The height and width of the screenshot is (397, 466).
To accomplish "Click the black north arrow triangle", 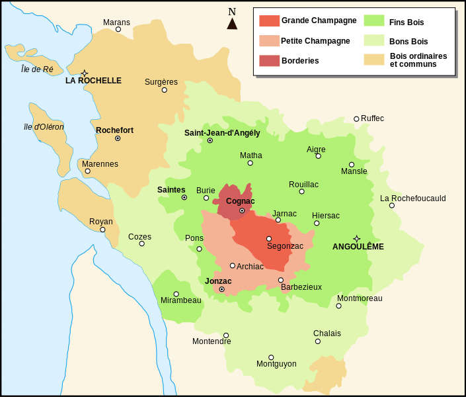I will click(x=232, y=24).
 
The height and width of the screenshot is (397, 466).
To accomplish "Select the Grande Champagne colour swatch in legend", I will click(x=269, y=20).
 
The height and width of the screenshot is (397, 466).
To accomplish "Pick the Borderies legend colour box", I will click(x=269, y=60).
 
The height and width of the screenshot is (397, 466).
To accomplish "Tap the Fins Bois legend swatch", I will click(x=374, y=20).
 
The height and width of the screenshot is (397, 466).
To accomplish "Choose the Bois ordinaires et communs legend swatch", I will click(x=374, y=60).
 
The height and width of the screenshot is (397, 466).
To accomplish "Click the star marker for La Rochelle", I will click(x=84, y=73).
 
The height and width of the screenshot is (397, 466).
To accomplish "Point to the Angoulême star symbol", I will click(x=357, y=238).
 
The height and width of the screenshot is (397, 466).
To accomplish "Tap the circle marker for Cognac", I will click(x=242, y=211).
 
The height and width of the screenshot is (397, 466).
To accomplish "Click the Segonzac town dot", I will click(x=269, y=239).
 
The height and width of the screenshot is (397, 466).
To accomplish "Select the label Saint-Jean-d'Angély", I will click(x=221, y=133).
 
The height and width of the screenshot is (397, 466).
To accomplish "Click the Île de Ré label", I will click(x=36, y=69).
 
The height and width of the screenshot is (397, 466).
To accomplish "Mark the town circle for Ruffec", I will click(x=356, y=119).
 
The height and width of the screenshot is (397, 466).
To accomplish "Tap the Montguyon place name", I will click(x=276, y=364).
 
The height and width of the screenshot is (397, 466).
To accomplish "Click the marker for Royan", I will click(x=102, y=230).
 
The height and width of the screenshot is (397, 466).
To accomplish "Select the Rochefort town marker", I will click(x=118, y=138).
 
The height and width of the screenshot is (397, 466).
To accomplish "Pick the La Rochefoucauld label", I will click(x=412, y=198).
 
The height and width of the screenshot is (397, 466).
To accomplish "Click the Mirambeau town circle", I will click(x=176, y=294).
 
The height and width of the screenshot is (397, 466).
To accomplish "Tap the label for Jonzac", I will click(x=218, y=281).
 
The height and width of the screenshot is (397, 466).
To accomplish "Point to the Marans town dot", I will click(x=118, y=29).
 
